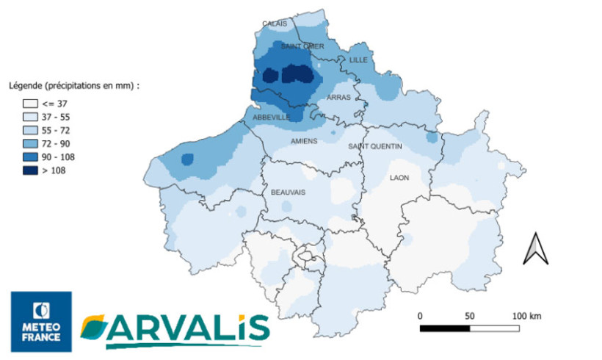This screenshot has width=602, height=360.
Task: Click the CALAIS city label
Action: click(x=275, y=24)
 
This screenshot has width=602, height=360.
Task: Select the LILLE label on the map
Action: click(x=358, y=60)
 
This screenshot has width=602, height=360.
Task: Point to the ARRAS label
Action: click(x=339, y=97)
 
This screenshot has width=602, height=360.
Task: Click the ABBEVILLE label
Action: click(x=271, y=118)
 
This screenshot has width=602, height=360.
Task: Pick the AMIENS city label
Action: click(x=304, y=141)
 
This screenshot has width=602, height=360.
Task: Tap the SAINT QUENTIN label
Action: click(x=375, y=146)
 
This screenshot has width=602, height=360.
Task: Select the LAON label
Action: click(x=399, y=178)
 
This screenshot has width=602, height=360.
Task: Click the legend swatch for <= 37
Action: click(x=30, y=104)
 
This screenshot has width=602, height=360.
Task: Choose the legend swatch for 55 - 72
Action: click(x=30, y=130)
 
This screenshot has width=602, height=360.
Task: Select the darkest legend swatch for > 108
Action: click(x=30, y=170)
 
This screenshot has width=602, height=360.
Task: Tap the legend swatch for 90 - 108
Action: click(x=30, y=156)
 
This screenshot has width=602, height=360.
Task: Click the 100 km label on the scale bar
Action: click(x=526, y=316)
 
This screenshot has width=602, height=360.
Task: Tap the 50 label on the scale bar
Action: click(x=470, y=316)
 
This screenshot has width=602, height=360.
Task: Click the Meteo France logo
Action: click(x=41, y=320)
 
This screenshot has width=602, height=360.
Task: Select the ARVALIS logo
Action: click(x=174, y=329)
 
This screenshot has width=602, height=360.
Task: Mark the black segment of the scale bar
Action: click(x=445, y=328)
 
